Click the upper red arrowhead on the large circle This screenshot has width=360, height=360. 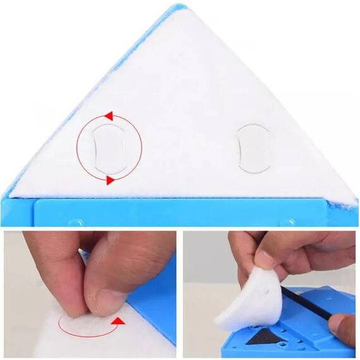click(x=108, y=116)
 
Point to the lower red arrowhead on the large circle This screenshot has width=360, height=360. click(x=111, y=181)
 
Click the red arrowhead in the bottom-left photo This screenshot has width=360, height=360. click(x=116, y=322)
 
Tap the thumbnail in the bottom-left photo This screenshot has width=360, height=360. click(x=101, y=296)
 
